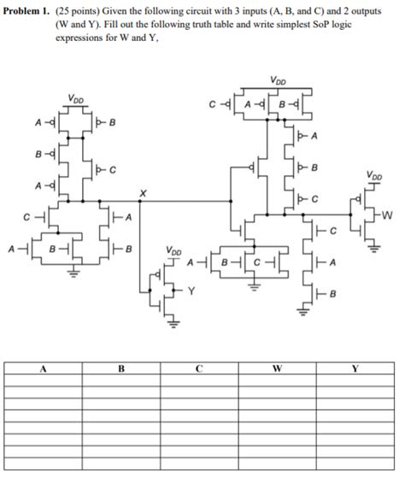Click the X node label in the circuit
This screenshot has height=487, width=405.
[x=142, y=195]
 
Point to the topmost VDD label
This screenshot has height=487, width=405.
[x=278, y=82]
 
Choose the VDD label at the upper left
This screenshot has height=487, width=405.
[x=76, y=98]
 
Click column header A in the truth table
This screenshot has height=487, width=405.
[x=44, y=369]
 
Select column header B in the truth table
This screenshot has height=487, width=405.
[x=121, y=369]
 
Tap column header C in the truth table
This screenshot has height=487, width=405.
[x=199, y=369]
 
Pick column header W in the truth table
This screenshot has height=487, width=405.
[x=277, y=369]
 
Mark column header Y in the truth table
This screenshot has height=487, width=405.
[x=355, y=369]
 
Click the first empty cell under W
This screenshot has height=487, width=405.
[x=277, y=383]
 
